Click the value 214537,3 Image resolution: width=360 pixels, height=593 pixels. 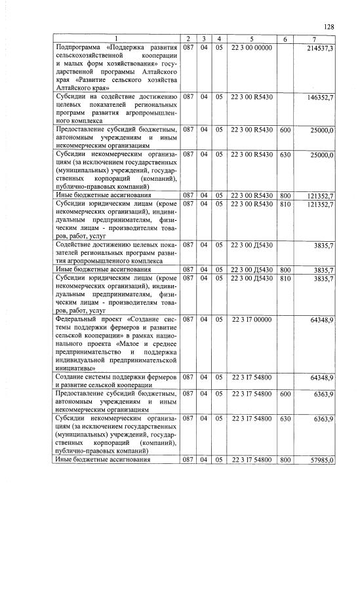[321, 49]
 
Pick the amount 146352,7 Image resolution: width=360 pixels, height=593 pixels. [321, 97]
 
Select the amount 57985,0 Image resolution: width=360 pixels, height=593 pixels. [322, 460]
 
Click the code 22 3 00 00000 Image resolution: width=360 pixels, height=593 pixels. [251, 49]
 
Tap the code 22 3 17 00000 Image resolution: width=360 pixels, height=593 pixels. [251, 319]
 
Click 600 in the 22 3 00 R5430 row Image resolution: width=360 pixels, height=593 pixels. [285, 130]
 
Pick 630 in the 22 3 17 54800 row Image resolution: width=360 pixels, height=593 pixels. [285, 418]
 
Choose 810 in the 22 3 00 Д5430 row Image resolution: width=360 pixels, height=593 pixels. [285, 278]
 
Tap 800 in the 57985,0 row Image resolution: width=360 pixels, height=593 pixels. [285, 460]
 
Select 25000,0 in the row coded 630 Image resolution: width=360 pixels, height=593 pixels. [322, 155]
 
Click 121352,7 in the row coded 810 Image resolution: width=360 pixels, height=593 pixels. [321, 204]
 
